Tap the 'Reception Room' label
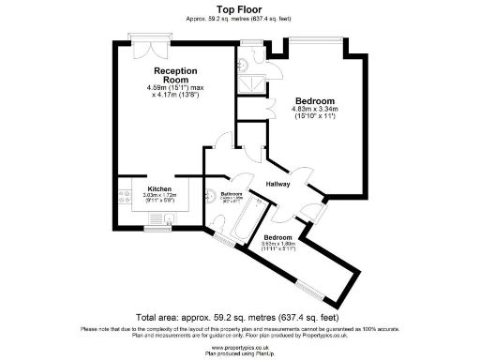pyautogui.click(x=176, y=74)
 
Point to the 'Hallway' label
pyautogui.click(x=280, y=184)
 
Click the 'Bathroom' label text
pyautogui.click(x=233, y=193)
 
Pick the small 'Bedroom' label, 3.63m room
pyautogui.click(x=277, y=238)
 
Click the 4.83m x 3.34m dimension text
pyautogui.click(x=314, y=113)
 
